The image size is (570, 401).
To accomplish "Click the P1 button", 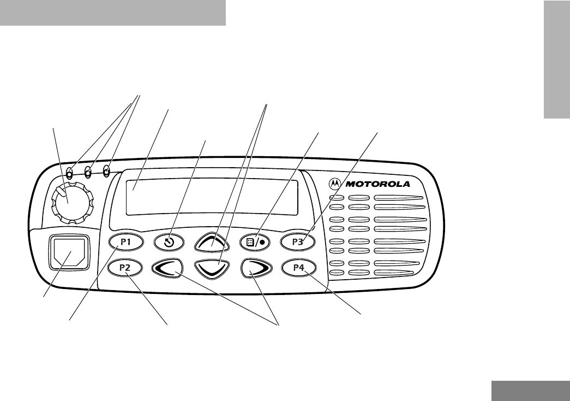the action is [x=127, y=241].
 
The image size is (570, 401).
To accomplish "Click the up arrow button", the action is [x=212, y=241].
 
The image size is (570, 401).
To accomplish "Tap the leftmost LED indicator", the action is [x=70, y=174].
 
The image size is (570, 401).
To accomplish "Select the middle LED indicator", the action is [x=88, y=174].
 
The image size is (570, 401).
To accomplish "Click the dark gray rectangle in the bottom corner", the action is [x=530, y=391].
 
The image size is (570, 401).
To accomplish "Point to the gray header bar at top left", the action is [x=113, y=13].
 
